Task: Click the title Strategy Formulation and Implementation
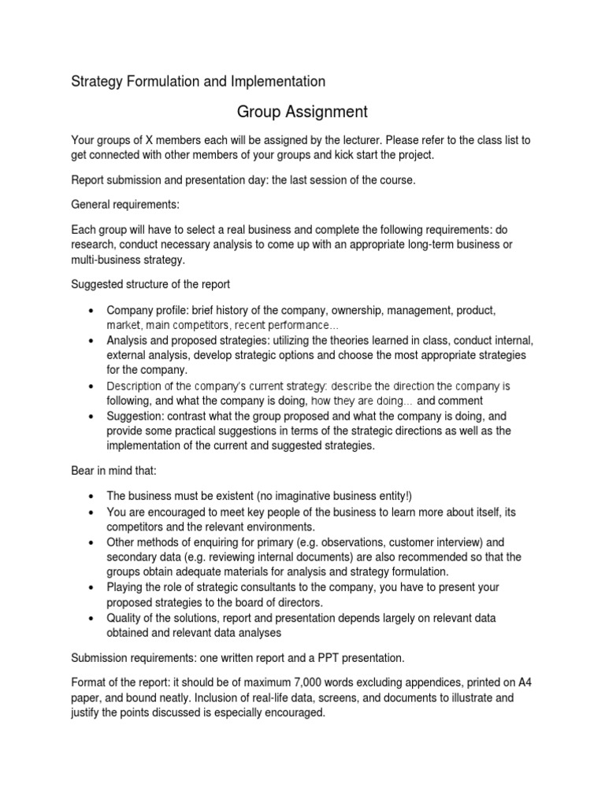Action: (198, 81)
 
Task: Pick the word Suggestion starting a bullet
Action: (137, 416)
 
